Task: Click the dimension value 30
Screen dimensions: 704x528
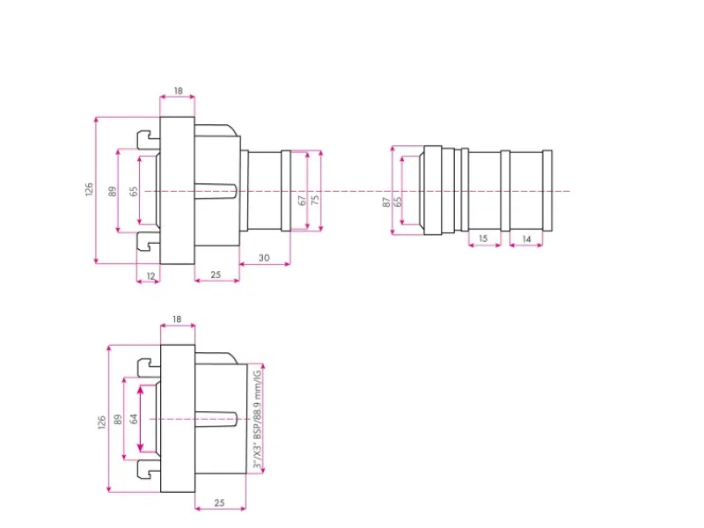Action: pyautogui.click(x=264, y=258)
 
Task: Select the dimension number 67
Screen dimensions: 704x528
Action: pyautogui.click(x=303, y=201)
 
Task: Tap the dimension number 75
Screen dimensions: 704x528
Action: pyautogui.click(x=316, y=200)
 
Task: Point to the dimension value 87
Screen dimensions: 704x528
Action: pyautogui.click(x=386, y=202)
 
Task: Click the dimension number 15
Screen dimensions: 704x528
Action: pyautogui.click(x=483, y=238)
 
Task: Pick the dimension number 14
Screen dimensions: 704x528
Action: pyautogui.click(x=526, y=239)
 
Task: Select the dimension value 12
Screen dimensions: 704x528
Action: pyautogui.click(x=150, y=276)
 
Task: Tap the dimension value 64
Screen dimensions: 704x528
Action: pyautogui.click(x=134, y=419)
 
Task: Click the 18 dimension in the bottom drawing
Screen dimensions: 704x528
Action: pyautogui.click(x=177, y=319)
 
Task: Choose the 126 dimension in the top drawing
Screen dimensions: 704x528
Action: pyautogui.click(x=89, y=189)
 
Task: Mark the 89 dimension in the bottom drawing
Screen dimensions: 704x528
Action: pyautogui.click(x=118, y=420)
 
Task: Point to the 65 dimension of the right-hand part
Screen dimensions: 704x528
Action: pyautogui.click(x=398, y=202)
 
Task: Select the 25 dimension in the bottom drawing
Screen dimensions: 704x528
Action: pyautogui.click(x=219, y=502)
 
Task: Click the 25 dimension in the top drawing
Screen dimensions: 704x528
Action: pyautogui.click(x=216, y=275)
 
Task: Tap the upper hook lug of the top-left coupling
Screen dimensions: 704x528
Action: pyautogui.click(x=149, y=139)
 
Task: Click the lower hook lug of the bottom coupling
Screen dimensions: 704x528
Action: pyautogui.click(x=149, y=469)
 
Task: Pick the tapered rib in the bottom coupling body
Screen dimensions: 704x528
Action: pyautogui.click(x=216, y=419)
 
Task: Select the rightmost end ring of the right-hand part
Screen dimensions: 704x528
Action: pyautogui.click(x=547, y=190)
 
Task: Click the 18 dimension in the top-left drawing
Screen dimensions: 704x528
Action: pyautogui.click(x=179, y=91)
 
